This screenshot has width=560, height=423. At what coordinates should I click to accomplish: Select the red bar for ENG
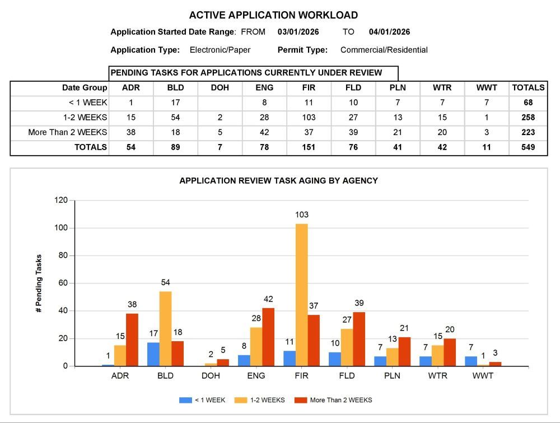click(x=268, y=337)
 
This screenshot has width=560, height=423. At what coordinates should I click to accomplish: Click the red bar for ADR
click(x=132, y=340)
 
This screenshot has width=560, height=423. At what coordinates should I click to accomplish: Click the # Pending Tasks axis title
click(x=39, y=283)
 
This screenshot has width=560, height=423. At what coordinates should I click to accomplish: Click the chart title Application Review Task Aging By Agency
click(x=278, y=181)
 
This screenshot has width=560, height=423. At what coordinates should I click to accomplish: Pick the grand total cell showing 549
click(x=527, y=148)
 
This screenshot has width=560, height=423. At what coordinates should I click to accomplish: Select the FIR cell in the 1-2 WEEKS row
click(x=309, y=118)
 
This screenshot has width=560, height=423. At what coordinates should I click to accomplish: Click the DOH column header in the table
click(x=220, y=88)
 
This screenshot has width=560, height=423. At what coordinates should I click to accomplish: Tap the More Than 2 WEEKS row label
click(x=68, y=133)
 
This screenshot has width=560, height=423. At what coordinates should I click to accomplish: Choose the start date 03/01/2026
click(x=298, y=32)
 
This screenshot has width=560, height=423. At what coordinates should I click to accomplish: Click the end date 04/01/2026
click(x=389, y=32)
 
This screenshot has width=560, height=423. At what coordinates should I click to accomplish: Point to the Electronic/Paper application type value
click(x=220, y=50)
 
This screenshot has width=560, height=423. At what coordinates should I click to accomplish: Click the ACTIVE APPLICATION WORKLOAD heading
click(x=273, y=15)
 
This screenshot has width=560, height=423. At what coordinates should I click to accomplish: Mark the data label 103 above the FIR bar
click(x=302, y=215)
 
